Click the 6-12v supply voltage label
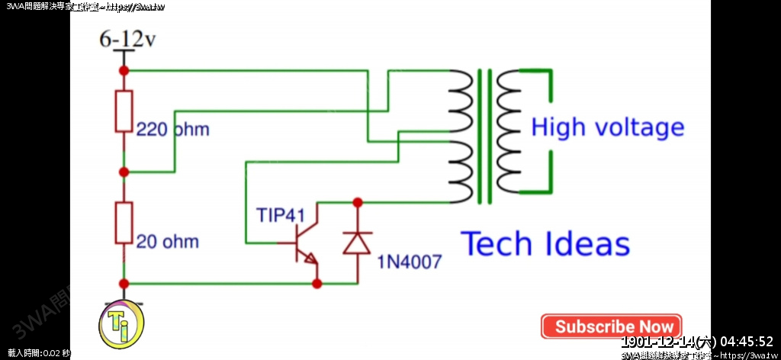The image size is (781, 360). (x=127, y=40)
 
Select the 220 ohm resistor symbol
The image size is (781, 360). (x=124, y=111)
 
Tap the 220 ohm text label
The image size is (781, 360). (x=172, y=130)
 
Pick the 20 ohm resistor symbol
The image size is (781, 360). (x=124, y=223)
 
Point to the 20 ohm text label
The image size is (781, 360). (x=168, y=242)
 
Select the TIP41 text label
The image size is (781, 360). (x=281, y=214)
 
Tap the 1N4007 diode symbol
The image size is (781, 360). (x=357, y=243)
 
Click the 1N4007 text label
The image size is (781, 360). (x=409, y=263)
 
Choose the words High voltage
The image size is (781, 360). (x=607, y=127)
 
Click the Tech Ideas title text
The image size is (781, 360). (x=546, y=244)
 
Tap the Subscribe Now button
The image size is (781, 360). (x=612, y=326)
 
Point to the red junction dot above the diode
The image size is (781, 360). (x=357, y=202)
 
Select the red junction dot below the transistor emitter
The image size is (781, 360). (x=317, y=284)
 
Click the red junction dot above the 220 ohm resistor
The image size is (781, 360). (x=124, y=70)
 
